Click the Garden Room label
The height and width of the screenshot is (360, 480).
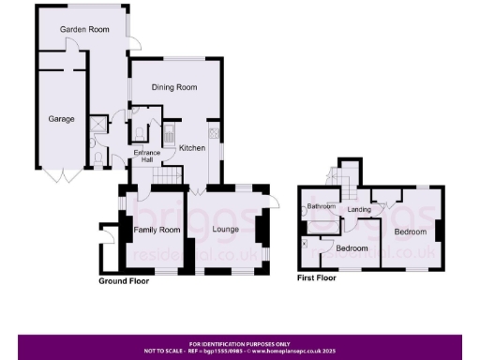coord(84,30)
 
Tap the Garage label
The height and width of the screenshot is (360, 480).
coord(62,119)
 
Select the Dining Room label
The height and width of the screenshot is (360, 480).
coord(175,87)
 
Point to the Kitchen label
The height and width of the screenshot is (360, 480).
coord(192,148)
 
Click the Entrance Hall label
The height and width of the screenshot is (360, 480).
coord(145,157)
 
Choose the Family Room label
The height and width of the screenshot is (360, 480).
coord(157,230)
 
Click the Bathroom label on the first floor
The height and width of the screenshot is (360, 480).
coord(322,206)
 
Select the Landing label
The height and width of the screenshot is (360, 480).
coord(359,209)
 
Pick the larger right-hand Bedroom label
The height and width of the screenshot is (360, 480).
coord(410,231)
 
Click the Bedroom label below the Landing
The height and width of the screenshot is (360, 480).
coord(352,248)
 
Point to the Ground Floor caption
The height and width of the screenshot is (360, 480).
coord(124,280)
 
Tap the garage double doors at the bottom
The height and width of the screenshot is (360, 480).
coord(56,175)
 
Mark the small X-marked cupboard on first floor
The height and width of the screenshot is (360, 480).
coord(305,243)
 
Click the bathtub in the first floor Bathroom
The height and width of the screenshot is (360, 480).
coord(323,225)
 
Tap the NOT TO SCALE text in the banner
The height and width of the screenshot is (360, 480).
coord(166,350)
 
